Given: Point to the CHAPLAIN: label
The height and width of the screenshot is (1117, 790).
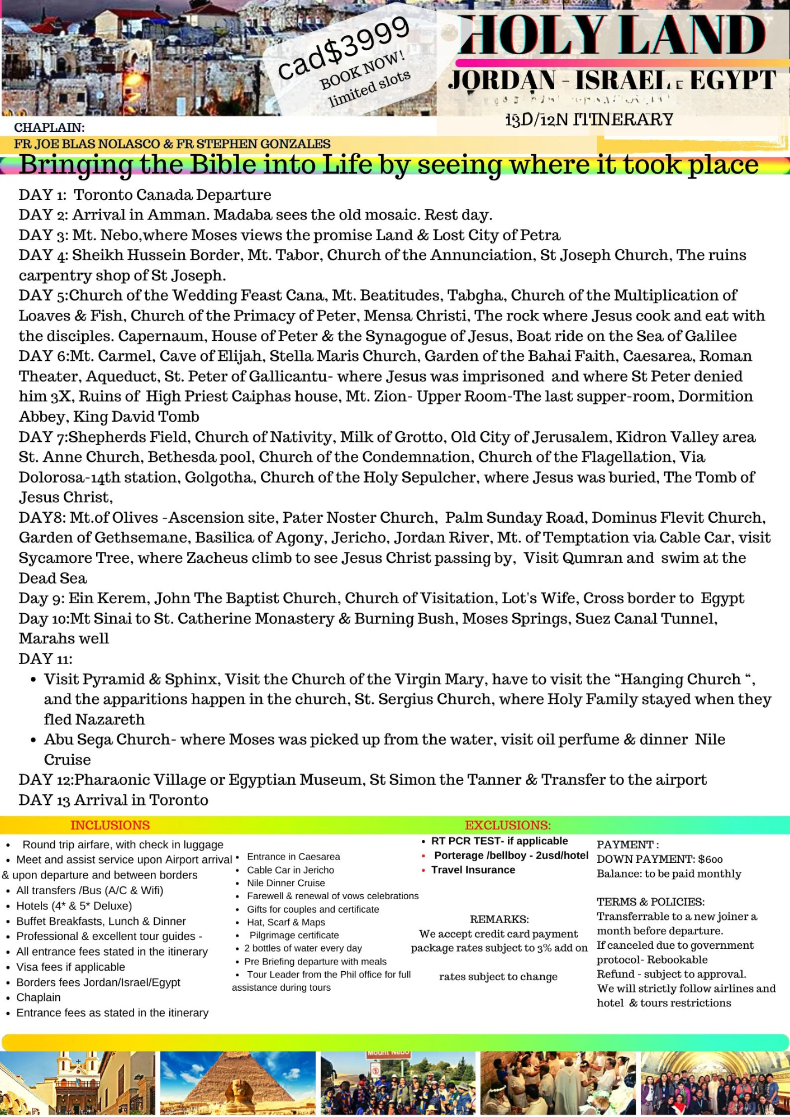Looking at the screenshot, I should (49, 127).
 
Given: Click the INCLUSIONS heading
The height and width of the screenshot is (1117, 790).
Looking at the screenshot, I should (110, 825).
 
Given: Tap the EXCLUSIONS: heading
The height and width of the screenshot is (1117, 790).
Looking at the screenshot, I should (508, 825).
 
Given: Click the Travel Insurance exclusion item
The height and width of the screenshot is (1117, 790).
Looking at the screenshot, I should (473, 870).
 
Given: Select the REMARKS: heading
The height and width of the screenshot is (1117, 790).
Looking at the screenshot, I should (499, 919).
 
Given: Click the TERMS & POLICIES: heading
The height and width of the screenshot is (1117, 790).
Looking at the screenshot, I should (650, 901).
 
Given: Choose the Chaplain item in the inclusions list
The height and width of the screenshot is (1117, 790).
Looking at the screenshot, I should (39, 997).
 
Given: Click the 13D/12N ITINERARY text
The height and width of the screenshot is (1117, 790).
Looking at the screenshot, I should (589, 120).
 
